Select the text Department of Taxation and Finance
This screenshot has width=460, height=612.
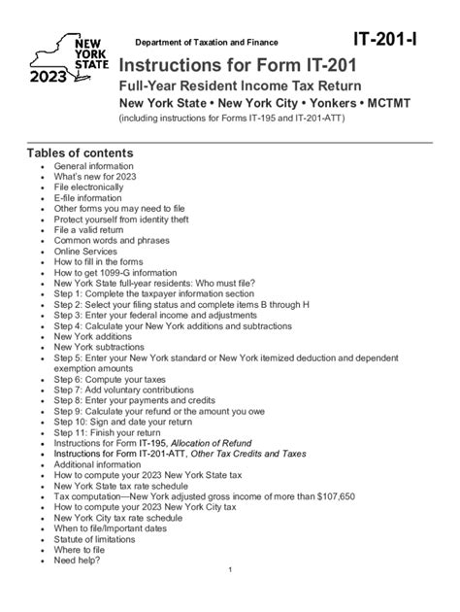click(206, 43)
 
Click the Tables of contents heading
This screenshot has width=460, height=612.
click(80, 153)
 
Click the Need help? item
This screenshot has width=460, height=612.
click(78, 560)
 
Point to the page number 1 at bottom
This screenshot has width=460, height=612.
click(230, 569)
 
